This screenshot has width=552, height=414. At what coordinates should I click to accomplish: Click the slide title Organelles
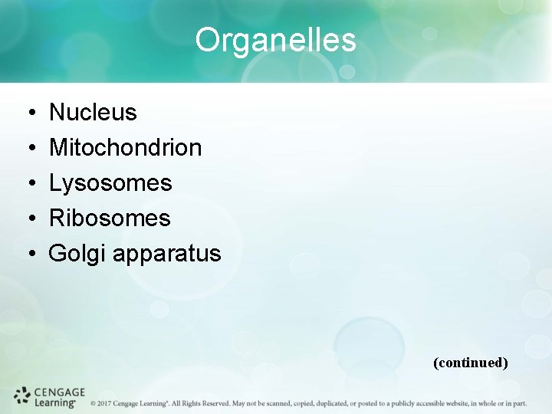[x=275, y=40]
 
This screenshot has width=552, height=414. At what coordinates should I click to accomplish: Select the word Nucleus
[x=93, y=113]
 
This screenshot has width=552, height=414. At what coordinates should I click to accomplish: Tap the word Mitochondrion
[x=125, y=148]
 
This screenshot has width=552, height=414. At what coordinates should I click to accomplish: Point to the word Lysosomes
[x=110, y=183]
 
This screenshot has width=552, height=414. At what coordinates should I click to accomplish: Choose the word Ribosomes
[x=110, y=219]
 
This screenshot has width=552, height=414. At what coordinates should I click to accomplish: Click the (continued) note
[x=470, y=363]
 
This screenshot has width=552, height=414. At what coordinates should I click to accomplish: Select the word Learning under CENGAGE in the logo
[x=54, y=402]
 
